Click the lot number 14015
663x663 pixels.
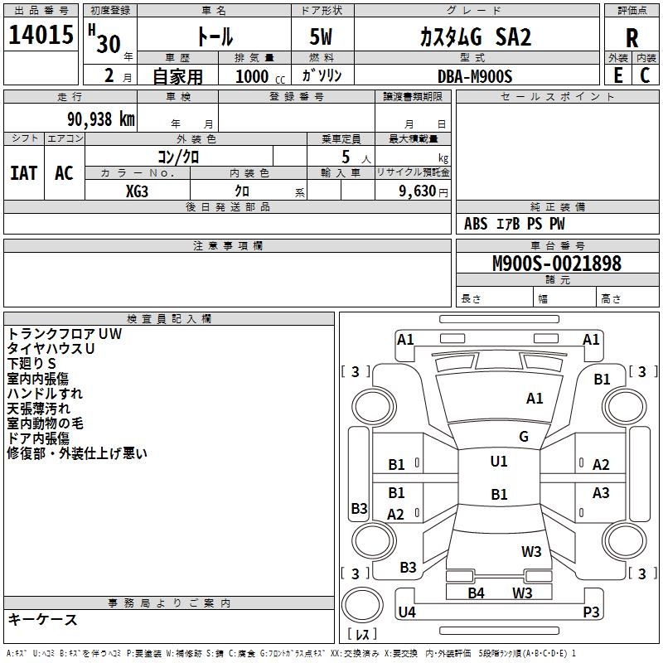tap(41, 36)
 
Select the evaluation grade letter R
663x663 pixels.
tap(632, 37)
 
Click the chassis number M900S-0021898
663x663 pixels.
tap(556, 264)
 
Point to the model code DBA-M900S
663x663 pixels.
tap(475, 76)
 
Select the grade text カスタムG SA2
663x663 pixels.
tap(475, 36)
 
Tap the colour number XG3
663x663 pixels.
tap(138, 190)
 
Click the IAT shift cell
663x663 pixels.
tap(23, 172)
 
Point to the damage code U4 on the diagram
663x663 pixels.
tap(407, 612)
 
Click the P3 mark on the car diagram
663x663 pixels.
tap(591, 612)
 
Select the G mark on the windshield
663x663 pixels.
tap(523, 436)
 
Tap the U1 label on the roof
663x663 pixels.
tap(498, 462)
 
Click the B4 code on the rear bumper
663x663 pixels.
tap(476, 593)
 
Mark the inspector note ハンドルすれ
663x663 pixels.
tap(45, 393)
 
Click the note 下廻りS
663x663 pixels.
tap(31, 363)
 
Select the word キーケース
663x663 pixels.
tap(43, 619)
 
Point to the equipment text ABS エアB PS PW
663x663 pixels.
tap(515, 224)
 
